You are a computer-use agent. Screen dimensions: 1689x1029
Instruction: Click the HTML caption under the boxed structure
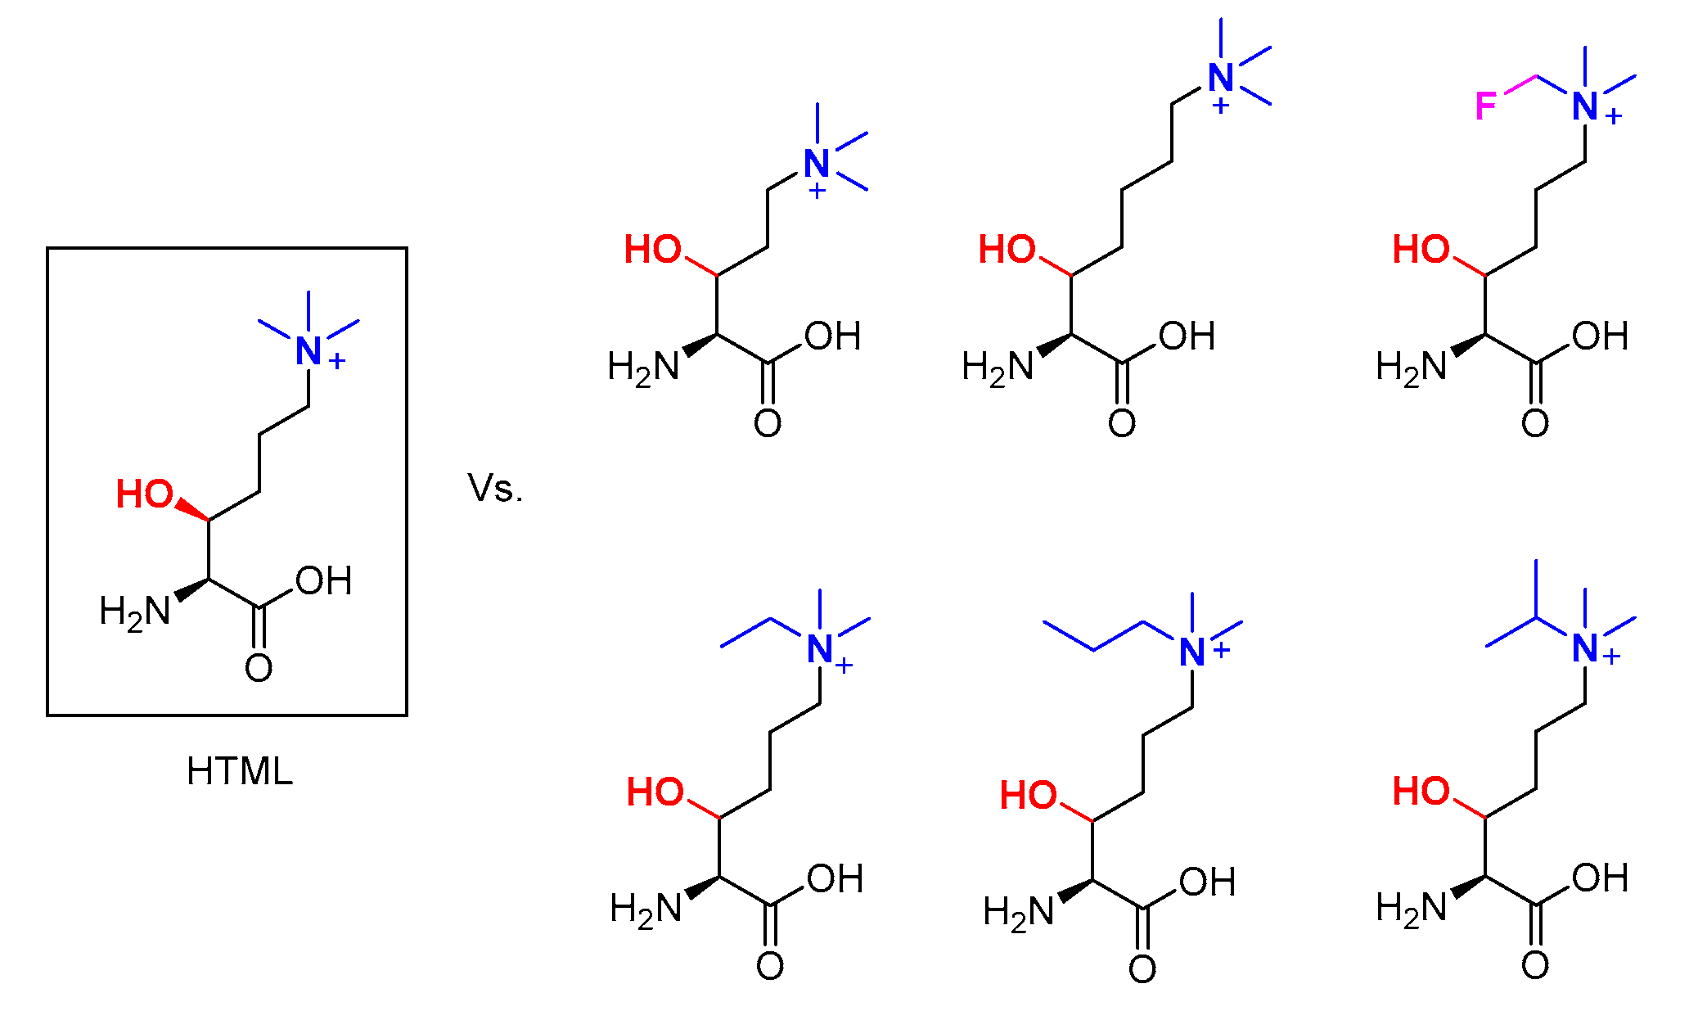pos(239,771)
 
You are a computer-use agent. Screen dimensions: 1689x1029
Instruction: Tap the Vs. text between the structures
pos(495,489)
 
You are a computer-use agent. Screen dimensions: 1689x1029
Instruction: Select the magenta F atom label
pos(1486,106)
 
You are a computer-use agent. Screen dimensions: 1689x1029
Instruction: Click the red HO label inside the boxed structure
pos(145,494)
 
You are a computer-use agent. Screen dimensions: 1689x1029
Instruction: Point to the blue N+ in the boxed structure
pos(309,352)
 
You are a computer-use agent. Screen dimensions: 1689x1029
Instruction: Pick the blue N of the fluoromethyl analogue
pos(1585,106)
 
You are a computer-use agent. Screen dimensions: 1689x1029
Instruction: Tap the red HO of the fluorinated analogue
pos(1421,250)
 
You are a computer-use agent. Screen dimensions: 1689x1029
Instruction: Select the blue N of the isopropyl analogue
pos(1585,649)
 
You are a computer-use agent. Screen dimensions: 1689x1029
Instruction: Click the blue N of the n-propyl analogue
pos(1192,653)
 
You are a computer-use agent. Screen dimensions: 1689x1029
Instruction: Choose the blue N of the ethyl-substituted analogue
pos(819,650)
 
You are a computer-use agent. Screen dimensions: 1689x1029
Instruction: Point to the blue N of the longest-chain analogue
pos(1221,79)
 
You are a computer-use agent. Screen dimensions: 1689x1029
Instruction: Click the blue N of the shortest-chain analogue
pos(817,164)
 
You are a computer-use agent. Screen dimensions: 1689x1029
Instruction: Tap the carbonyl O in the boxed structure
pos(259,669)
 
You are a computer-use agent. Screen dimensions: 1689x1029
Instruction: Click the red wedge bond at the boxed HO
pos(192,509)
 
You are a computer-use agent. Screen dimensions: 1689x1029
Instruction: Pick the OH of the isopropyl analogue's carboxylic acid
pos(1600,879)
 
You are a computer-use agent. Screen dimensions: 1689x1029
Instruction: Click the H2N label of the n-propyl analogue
pos(1019,913)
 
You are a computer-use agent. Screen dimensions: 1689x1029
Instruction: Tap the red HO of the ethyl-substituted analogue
pos(655,792)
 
